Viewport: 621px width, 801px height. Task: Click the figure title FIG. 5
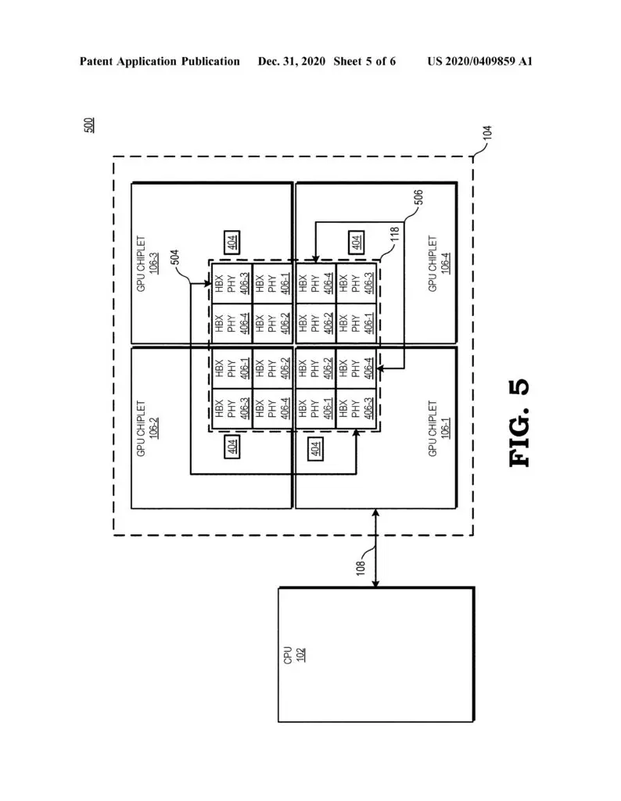520,423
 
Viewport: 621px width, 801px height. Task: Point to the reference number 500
89,125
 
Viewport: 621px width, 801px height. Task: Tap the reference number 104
487,133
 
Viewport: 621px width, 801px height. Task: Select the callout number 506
418,197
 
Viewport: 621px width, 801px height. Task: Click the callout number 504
174,257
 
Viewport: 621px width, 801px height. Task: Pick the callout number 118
395,235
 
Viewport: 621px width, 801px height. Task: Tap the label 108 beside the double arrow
361,568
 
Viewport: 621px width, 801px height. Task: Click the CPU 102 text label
294,655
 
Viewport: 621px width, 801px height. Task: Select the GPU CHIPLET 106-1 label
439,428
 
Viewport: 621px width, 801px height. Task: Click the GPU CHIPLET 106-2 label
147,428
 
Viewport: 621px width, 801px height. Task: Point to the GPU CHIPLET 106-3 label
147,264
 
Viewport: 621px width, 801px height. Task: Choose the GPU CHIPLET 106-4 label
439,264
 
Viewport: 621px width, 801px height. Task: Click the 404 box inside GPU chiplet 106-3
232,242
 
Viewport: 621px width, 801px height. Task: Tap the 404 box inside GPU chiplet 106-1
316,448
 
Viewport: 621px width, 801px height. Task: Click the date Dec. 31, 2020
292,61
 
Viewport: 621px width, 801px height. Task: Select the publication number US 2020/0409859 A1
479,61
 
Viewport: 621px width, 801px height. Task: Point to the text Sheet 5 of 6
364,61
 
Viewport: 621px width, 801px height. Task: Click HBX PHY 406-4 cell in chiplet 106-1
356,368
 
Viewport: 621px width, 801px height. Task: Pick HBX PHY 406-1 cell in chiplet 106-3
273,283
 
